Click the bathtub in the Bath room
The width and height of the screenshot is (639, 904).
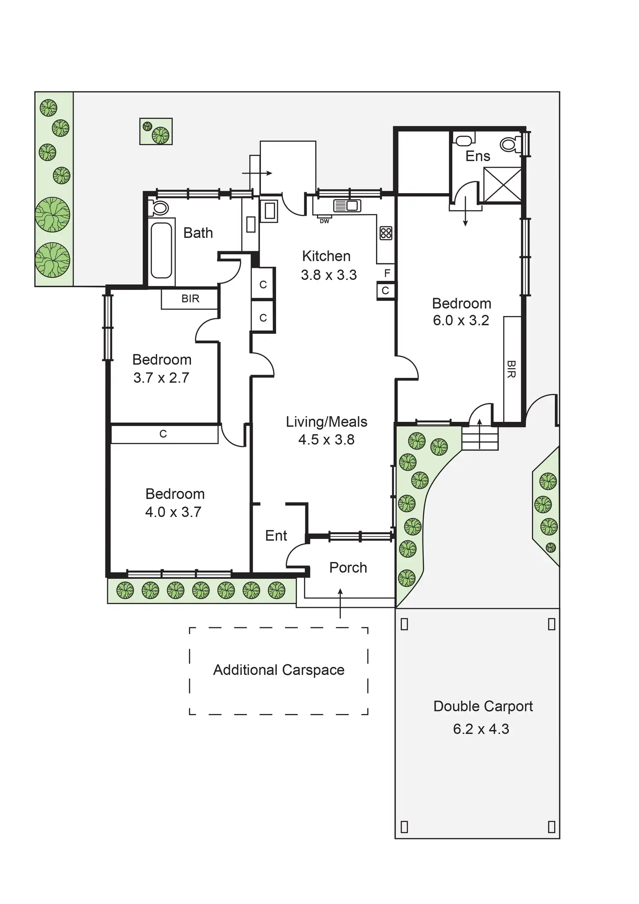coord(161,250)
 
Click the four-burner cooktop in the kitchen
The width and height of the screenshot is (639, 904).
coord(385,233)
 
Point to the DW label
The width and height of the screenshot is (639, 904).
coord(324,221)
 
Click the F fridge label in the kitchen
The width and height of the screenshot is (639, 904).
coord(387,273)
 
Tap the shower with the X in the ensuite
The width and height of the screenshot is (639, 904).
coord(502,185)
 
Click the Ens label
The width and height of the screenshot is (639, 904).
coord(478,156)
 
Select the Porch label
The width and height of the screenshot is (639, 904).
coord(348,568)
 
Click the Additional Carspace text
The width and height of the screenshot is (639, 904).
coord(279,670)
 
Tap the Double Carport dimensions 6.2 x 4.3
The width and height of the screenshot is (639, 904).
coord(481,729)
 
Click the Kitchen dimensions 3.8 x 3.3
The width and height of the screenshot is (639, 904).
coord(329,275)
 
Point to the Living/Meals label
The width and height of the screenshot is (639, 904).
coord(326,421)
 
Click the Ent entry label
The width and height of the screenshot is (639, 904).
coord(276,536)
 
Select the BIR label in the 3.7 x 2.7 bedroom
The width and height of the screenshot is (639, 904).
coord(190,299)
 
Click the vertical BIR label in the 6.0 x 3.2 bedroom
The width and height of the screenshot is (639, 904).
coord(511,369)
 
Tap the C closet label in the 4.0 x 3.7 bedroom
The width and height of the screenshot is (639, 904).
coord(163,434)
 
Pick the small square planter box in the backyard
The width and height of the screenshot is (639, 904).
coord(156,131)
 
